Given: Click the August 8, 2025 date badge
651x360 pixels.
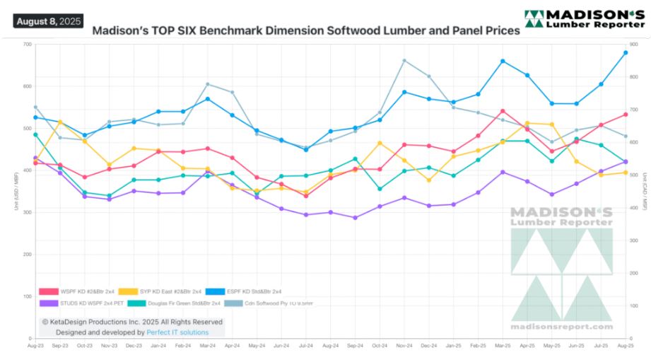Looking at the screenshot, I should click(x=48, y=21).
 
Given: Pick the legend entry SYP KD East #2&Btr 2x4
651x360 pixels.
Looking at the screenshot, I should click(x=170, y=291).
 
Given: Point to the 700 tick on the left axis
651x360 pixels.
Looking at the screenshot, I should click(x=27, y=45).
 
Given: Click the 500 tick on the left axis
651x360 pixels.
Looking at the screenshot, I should click(x=27, y=129).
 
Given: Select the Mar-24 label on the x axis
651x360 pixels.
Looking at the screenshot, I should click(x=207, y=346).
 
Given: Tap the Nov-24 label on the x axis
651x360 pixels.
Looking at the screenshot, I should click(x=404, y=346).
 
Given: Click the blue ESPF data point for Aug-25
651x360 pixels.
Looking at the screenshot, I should click(x=626, y=52).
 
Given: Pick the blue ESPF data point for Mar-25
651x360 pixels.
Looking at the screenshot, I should click(x=503, y=61).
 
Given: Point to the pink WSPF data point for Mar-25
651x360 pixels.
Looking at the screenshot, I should click(x=503, y=111).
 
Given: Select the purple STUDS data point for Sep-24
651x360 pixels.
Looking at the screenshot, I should click(x=355, y=218).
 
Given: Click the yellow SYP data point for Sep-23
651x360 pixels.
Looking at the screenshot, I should click(x=60, y=122).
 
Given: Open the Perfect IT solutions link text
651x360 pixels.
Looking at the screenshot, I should click(x=177, y=332).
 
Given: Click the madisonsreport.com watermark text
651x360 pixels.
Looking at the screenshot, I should click(x=562, y=327).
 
